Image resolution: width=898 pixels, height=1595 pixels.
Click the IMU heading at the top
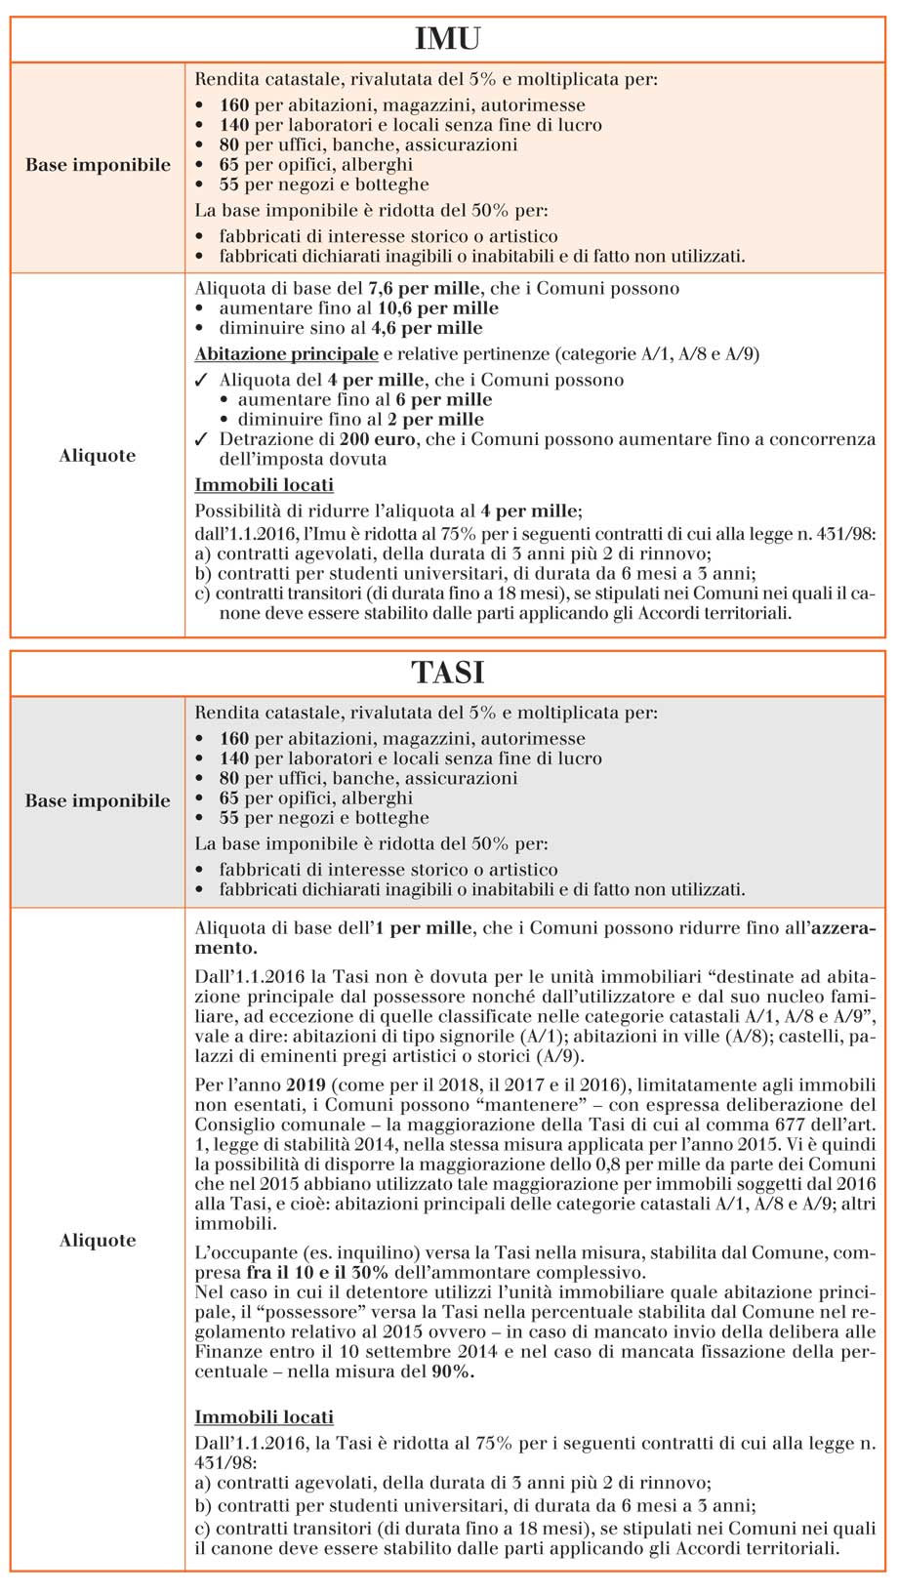(x=448, y=39)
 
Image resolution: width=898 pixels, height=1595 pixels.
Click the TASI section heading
(x=448, y=673)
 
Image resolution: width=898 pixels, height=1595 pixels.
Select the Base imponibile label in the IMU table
(x=98, y=165)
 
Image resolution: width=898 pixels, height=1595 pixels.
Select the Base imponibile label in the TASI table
(x=98, y=800)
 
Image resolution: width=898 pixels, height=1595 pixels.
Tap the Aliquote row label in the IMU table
(x=98, y=456)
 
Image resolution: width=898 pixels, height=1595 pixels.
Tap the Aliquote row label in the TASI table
(x=98, y=1241)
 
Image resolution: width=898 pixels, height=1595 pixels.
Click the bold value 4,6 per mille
(x=427, y=328)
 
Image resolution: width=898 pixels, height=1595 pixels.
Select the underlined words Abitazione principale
(x=286, y=353)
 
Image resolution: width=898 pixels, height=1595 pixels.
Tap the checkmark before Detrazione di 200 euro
(x=201, y=440)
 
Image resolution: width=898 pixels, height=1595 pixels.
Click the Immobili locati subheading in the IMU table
(x=264, y=485)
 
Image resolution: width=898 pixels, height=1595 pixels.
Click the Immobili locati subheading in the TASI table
(x=264, y=1416)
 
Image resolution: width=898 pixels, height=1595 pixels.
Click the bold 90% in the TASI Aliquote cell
(x=453, y=1371)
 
